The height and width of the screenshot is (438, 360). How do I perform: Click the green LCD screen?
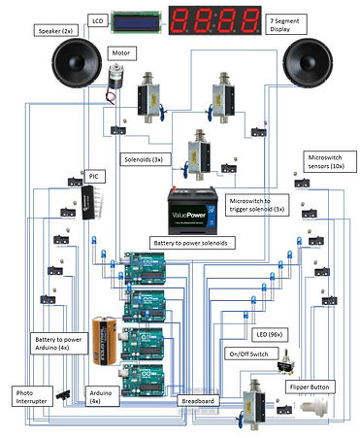coord(137,19)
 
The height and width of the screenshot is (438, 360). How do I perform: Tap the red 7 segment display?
coord(216,19)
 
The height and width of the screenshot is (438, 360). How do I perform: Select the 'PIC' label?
coord(92,175)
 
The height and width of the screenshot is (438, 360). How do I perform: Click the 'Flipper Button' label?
coord(312,387)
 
